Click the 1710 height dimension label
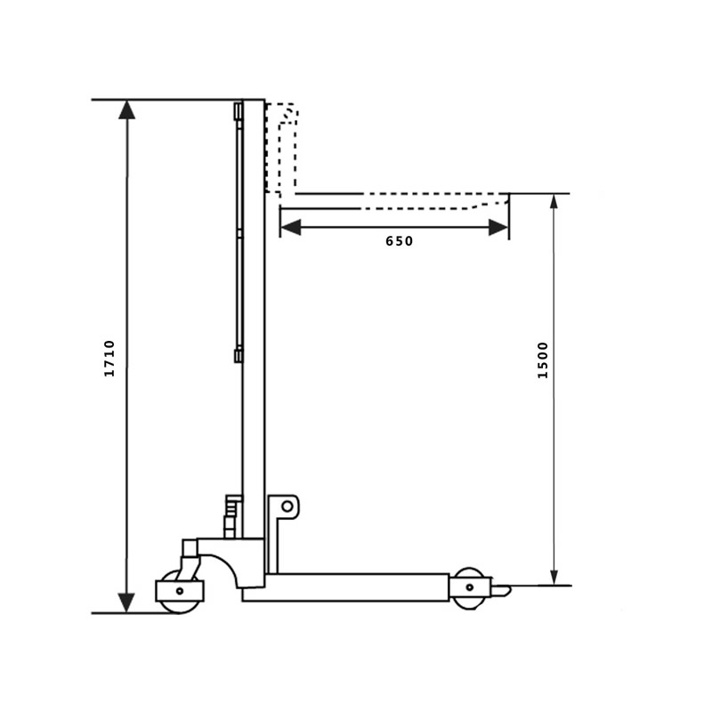pos(110,358)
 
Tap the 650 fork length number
pos(400,241)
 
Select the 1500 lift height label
pos(543,360)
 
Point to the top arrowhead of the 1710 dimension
pos(127,109)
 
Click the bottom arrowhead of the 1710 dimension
pos(127,603)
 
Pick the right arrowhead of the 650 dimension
pos(498,228)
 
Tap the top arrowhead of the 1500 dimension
pos(554,201)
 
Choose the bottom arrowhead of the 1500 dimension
pos(554,577)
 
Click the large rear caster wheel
pos(179,592)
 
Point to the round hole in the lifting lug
pos(287,506)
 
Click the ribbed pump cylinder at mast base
pos(232,516)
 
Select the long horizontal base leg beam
pos(356,587)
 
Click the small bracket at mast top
pos(238,111)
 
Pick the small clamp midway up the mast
pos(238,356)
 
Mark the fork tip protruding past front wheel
pos(501,589)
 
